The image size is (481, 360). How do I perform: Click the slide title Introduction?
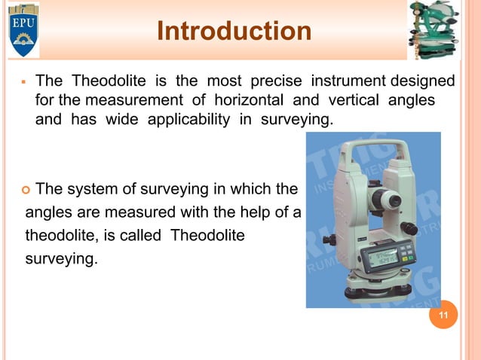234,32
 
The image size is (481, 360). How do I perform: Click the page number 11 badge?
443,315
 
